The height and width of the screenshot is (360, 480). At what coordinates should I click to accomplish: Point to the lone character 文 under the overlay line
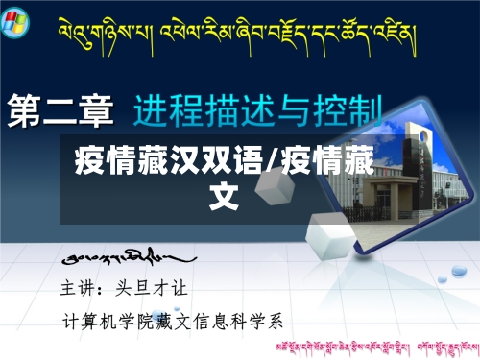tap(224, 195)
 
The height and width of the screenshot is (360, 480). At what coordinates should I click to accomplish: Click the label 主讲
tap(78, 286)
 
